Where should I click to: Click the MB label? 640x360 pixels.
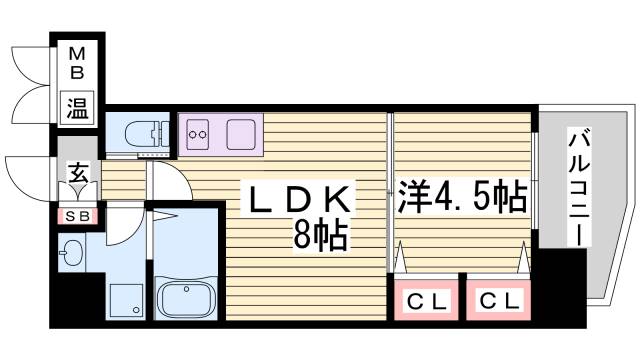(x=76, y=62)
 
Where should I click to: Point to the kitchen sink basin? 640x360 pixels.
(x=241, y=133)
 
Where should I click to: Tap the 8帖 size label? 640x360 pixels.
(x=320, y=236)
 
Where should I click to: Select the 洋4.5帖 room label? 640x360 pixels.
(x=462, y=196)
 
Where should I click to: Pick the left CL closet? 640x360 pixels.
(x=426, y=300)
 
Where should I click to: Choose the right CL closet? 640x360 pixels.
(x=497, y=300)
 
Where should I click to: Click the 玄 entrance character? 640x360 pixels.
(x=77, y=174)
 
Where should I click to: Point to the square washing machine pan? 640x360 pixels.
(x=127, y=299)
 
